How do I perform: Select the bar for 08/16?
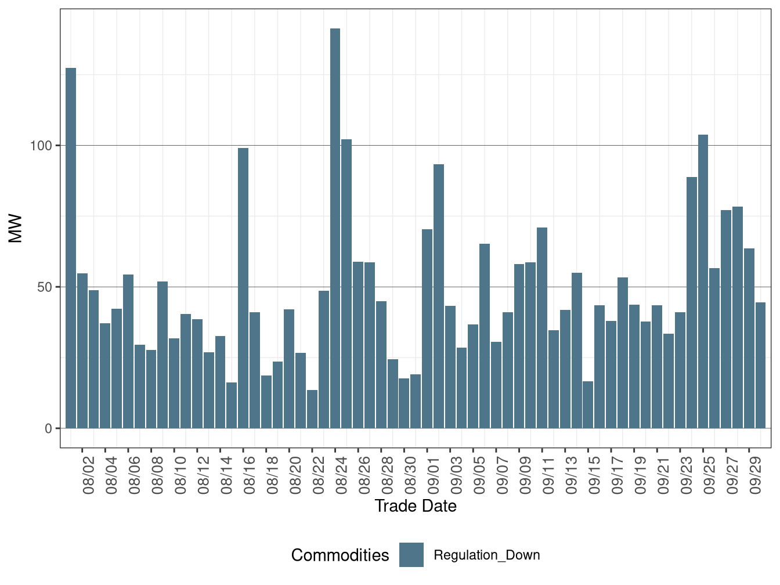tap(243, 288)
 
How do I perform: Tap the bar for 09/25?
tap(703, 281)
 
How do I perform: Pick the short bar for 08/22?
tap(312, 409)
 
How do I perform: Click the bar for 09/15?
tap(588, 405)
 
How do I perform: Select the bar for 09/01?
tap(427, 328)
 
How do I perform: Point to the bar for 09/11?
tap(542, 328)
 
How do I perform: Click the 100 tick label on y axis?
tap(41, 146)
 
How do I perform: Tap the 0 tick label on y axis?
tap(48, 429)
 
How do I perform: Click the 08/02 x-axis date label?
tap(89, 475)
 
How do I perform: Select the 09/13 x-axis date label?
tap(572, 475)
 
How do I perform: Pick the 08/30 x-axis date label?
tap(411, 475)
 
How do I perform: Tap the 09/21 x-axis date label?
tap(663, 475)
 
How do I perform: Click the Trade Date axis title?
tap(416, 506)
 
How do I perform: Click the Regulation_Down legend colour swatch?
tap(411, 555)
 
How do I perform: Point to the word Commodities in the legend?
tap(340, 555)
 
